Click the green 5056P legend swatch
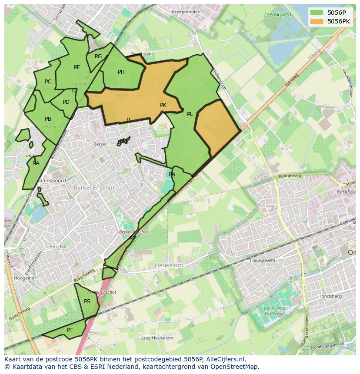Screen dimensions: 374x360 coord(317,13)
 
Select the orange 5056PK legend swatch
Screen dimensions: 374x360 coord(317,21)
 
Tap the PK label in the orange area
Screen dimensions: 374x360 coord(163,105)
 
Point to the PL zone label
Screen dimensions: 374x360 coord(190,114)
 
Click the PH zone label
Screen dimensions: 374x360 coord(121,72)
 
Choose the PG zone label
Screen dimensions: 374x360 coord(98,56)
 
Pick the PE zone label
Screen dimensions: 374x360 coord(77,67)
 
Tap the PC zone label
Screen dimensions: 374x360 coord(48,82)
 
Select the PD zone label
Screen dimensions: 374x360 coord(66,103)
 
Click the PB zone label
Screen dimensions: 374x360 coord(48,119)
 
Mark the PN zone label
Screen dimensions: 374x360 coord(172,175)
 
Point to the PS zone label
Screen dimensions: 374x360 coord(87,301)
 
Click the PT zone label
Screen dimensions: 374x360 coord(70,330)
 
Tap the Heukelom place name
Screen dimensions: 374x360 coord(169,265)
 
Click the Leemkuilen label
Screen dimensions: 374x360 coord(277,15)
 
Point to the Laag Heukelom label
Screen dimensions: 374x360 coord(157,338)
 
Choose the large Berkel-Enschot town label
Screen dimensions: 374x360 coord(94,188)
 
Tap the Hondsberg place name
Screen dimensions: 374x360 coord(330,296)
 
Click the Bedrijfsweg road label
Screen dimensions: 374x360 coord(290,176)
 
